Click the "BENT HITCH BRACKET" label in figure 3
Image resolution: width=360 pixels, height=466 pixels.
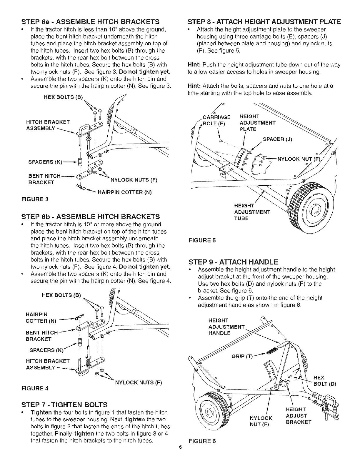pos(43,179)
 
